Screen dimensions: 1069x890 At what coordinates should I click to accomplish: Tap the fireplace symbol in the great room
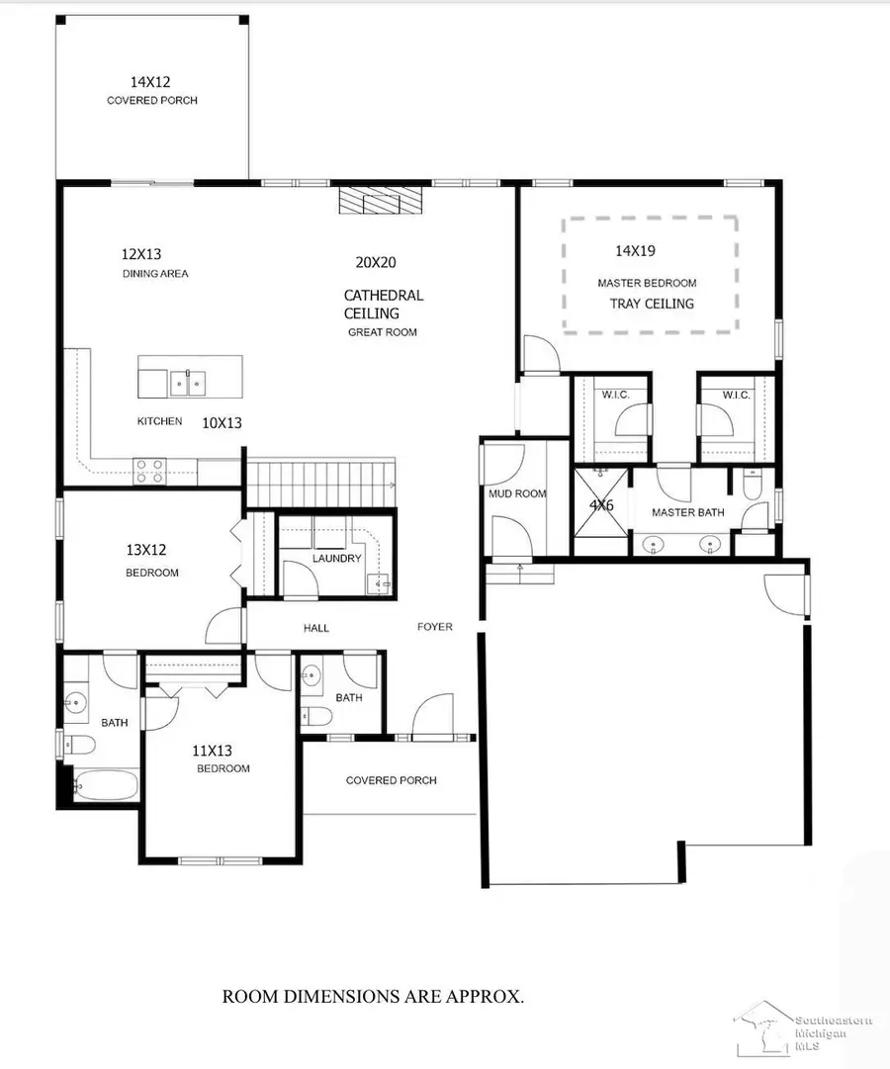(381, 202)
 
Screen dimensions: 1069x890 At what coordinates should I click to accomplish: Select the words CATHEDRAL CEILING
(383, 304)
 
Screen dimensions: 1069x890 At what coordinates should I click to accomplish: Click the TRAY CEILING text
(651, 304)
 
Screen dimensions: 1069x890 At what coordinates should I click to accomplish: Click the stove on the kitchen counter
(149, 471)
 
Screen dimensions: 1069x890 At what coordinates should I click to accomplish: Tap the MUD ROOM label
(516, 493)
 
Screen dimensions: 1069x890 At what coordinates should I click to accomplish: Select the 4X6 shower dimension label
(601, 504)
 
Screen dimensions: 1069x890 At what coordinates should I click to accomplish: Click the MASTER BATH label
(687, 512)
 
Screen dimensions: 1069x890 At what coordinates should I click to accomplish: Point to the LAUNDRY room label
(336, 559)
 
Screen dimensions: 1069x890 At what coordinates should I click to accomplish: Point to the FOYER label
(434, 627)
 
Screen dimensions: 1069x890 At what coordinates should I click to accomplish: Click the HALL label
(316, 628)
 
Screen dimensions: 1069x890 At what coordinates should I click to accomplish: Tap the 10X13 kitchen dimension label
(222, 422)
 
